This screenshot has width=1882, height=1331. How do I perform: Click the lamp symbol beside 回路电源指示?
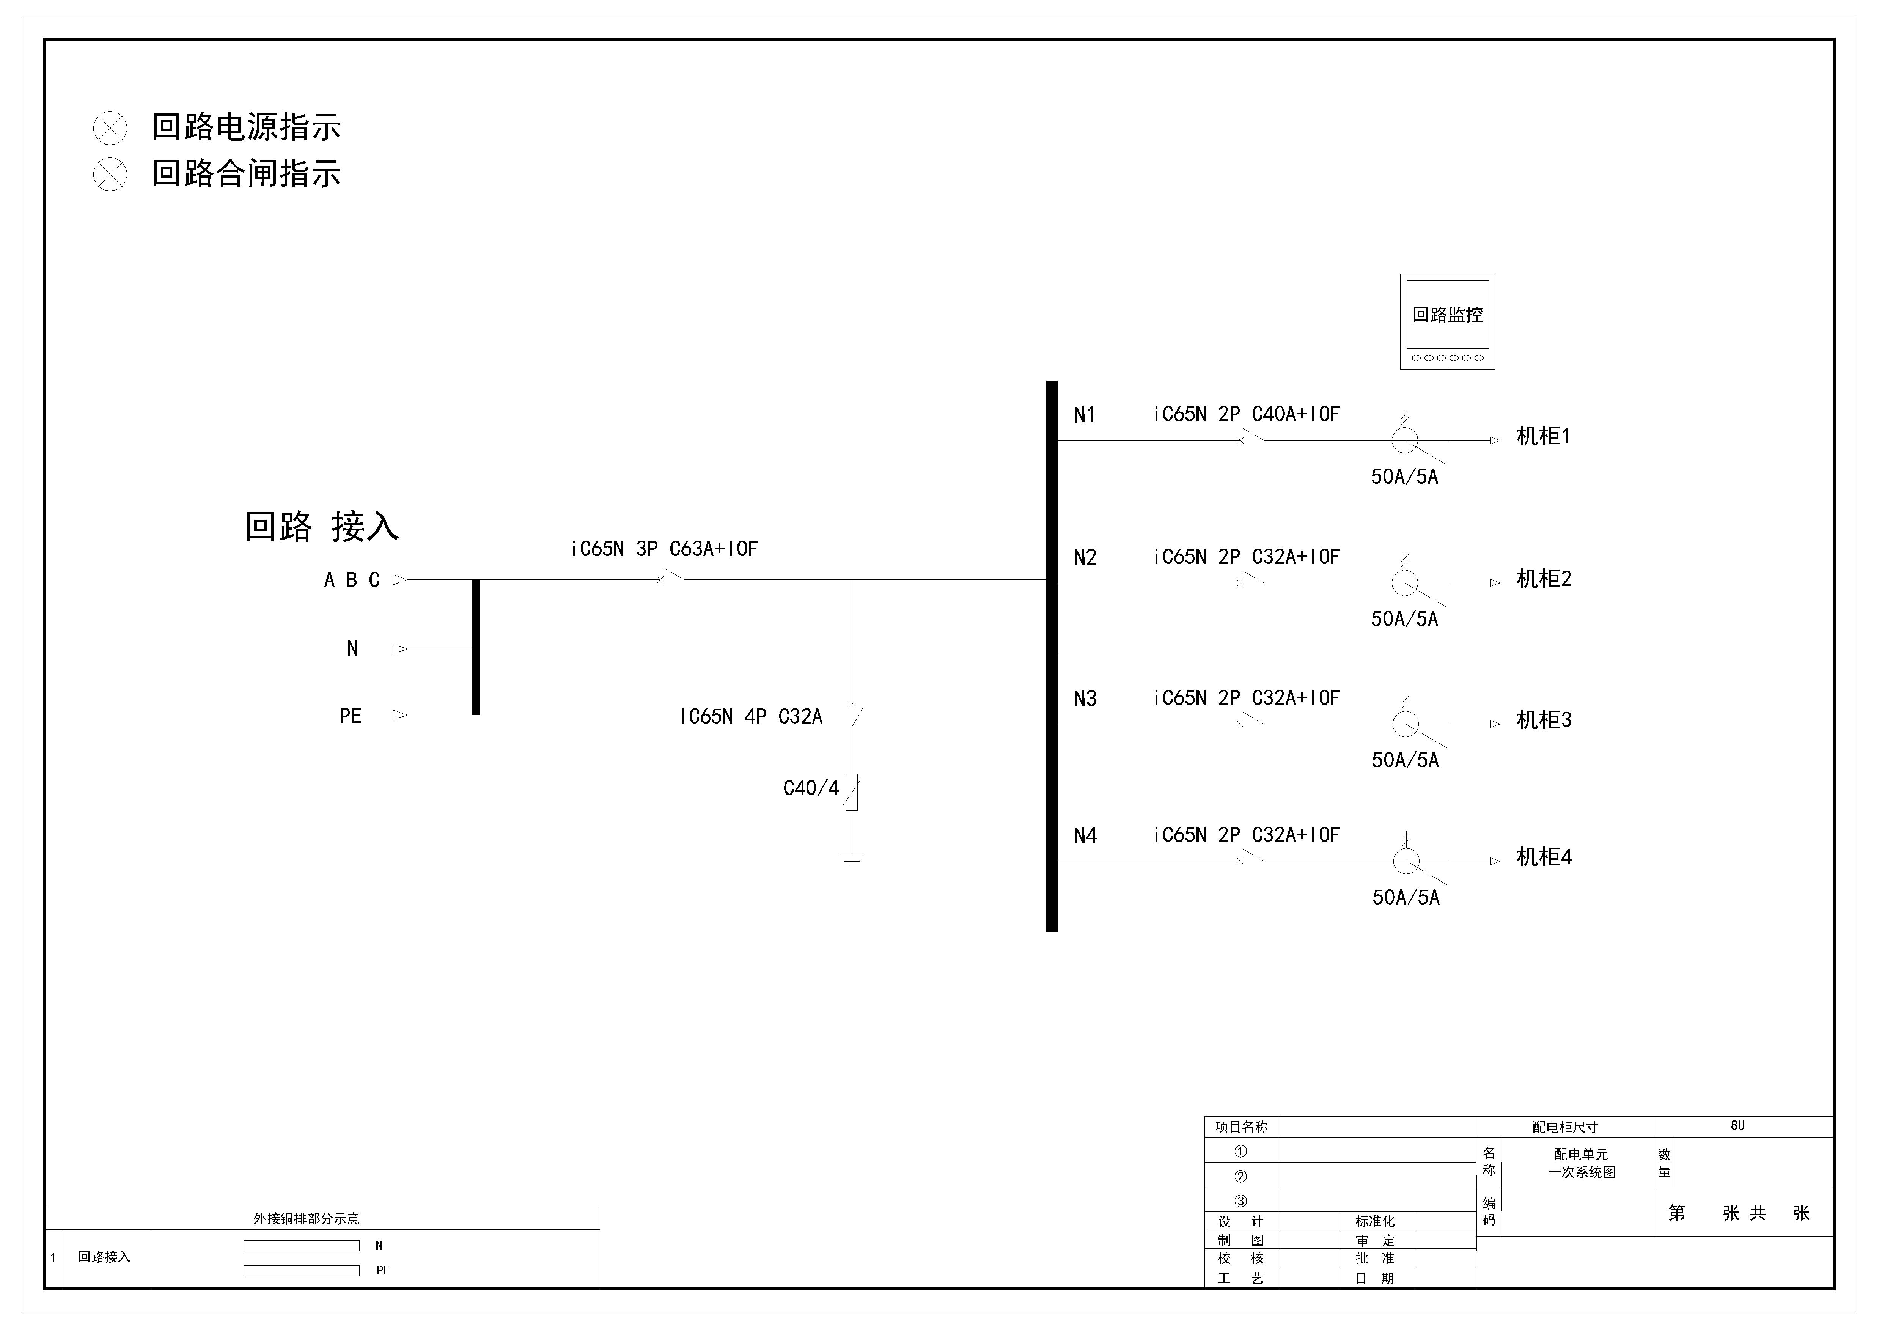click(110, 128)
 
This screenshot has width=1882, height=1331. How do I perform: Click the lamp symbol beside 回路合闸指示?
click(110, 175)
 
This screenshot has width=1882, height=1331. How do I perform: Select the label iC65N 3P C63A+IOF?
click(664, 549)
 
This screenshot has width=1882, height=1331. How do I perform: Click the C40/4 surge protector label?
click(811, 788)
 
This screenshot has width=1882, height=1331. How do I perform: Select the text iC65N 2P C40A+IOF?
click(1246, 415)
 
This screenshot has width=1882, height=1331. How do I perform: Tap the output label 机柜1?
click(1542, 436)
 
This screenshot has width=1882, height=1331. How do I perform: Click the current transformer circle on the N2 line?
click(1405, 583)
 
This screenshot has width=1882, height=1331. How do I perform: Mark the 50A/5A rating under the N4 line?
click(1406, 897)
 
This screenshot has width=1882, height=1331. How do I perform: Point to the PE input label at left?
click(351, 716)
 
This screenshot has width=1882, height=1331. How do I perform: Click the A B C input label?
click(352, 580)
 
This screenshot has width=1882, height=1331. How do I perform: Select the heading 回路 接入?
click(321, 527)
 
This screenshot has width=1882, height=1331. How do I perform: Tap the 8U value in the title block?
click(1737, 1126)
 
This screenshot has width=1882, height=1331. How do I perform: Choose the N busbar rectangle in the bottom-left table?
click(302, 1246)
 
